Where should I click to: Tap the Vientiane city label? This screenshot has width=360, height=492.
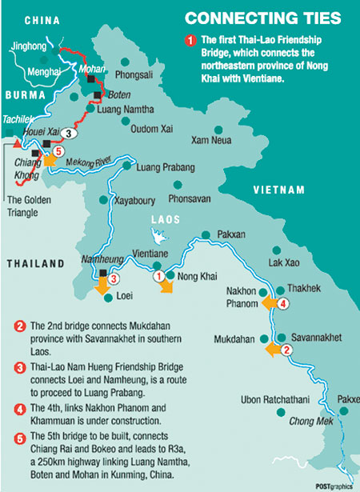pyautogui.click(x=150, y=253)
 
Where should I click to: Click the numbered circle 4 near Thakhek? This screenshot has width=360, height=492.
pyautogui.click(x=282, y=303)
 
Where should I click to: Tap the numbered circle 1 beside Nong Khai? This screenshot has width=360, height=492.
pyautogui.click(x=159, y=276)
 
